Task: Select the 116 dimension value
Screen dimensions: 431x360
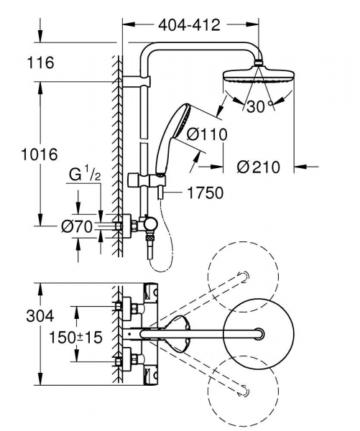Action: pos(41,63)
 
